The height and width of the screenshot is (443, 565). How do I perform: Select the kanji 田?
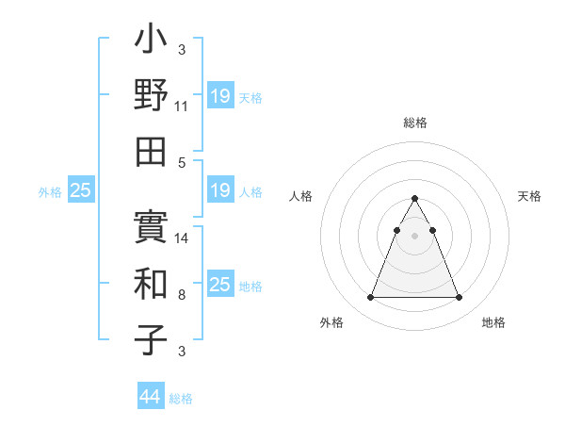point(152,150)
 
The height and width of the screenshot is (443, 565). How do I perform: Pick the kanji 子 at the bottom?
point(152,336)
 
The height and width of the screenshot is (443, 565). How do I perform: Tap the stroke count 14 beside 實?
point(182,239)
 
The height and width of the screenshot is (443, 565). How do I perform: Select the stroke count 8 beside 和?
point(182,294)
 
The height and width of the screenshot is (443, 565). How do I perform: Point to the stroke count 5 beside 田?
point(182,161)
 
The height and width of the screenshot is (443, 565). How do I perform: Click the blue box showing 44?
point(151,397)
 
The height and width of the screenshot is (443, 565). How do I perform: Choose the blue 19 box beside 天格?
point(220,96)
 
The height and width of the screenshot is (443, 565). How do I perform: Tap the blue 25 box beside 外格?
point(81,190)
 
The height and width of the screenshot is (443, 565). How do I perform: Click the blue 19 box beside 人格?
point(220,190)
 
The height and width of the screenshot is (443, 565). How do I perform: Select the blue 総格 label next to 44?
point(181,399)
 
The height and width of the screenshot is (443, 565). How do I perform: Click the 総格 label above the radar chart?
point(414,123)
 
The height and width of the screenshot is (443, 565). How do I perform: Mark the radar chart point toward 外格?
point(370,298)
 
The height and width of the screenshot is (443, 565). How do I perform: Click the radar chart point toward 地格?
point(459,298)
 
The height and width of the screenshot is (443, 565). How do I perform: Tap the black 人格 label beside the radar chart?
point(301,196)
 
